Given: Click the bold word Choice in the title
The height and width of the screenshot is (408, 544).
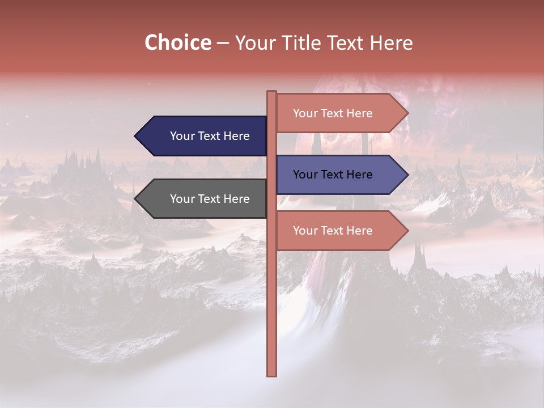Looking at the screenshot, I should click(177, 42).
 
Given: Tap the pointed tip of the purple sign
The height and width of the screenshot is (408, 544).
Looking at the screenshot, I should click(406, 175).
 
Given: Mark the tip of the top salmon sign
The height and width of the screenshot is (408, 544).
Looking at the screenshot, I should click(406, 113).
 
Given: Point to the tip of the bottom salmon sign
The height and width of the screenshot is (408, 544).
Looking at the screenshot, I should click(406, 231).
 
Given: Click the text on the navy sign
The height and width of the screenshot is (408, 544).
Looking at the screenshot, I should click(210, 136).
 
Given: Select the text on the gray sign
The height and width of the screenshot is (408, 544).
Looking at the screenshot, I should click(210, 199).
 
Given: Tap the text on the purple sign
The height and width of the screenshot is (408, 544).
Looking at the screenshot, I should click(333, 175).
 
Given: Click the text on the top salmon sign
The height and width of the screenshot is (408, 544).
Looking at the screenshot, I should click(333, 113).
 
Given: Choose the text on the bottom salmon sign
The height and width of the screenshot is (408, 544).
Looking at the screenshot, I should click(333, 231).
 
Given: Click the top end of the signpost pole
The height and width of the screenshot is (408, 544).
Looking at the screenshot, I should click(271, 93).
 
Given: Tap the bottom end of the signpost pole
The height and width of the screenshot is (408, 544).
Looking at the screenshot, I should click(271, 374).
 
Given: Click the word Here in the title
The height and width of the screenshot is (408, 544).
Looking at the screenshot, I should click(391, 42).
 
